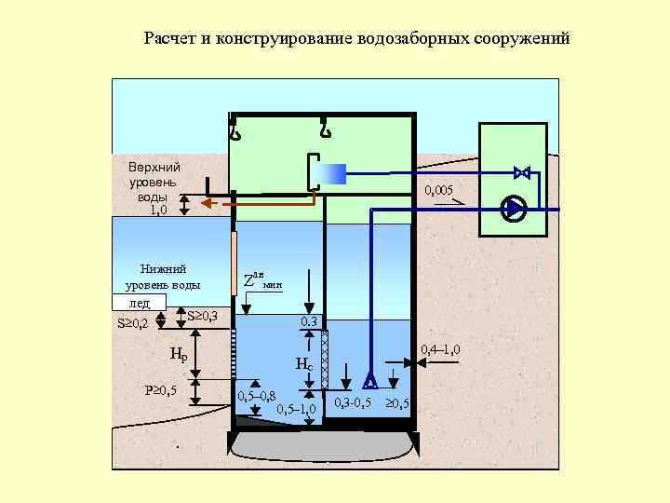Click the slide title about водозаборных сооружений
[357, 40]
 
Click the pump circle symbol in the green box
[514, 208]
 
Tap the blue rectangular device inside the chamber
[329, 173]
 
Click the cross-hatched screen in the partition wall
[325, 359]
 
